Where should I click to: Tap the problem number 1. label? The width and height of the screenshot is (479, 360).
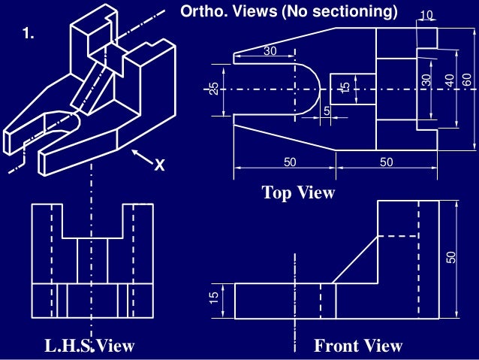pos(29,35)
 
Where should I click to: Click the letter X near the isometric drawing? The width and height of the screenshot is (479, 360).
pos(158,165)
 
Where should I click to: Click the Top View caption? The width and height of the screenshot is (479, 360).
pos(298,193)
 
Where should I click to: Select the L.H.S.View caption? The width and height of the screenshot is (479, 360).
pos(89,346)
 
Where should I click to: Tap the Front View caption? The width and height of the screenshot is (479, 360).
pos(358,346)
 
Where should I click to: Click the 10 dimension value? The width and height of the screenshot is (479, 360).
pos(426,15)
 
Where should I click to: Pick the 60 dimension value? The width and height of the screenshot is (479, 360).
pos(467,79)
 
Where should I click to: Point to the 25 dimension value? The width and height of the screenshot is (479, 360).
pos(214,89)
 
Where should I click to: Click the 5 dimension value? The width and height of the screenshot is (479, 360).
pos(327,110)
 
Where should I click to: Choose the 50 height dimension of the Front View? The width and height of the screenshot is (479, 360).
pos(451,257)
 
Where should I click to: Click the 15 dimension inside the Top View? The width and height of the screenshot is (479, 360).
pos(345,87)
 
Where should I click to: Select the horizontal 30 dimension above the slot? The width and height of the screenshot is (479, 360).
pos(270,50)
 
